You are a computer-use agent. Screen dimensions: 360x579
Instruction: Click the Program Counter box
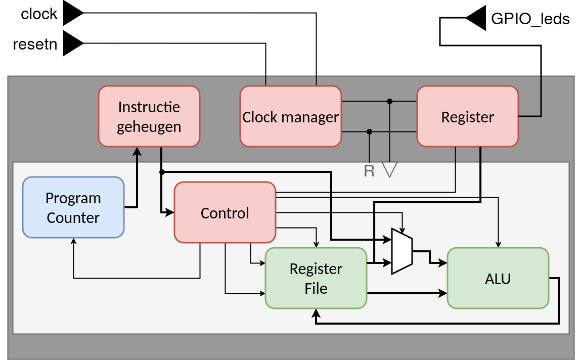73,207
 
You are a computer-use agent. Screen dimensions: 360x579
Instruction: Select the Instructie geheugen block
149,117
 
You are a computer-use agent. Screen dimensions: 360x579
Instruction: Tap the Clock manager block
291,117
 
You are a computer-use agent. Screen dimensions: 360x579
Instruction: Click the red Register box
468,117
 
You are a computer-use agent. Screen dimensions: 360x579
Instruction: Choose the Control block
225,213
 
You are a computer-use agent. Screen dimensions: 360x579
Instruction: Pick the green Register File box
316,278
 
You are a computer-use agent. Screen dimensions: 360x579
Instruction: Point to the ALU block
498,278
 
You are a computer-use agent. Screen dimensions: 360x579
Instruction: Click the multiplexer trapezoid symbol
402,251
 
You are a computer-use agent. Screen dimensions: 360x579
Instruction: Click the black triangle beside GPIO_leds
476,19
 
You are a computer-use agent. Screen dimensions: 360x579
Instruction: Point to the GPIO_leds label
530,19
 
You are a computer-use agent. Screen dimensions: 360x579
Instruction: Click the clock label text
39,14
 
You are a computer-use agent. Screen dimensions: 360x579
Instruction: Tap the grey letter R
369,171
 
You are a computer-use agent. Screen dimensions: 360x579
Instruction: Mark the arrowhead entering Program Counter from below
74,241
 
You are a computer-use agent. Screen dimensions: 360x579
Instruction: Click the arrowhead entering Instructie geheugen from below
137,151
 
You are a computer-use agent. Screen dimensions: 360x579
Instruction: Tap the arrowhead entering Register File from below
316,312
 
